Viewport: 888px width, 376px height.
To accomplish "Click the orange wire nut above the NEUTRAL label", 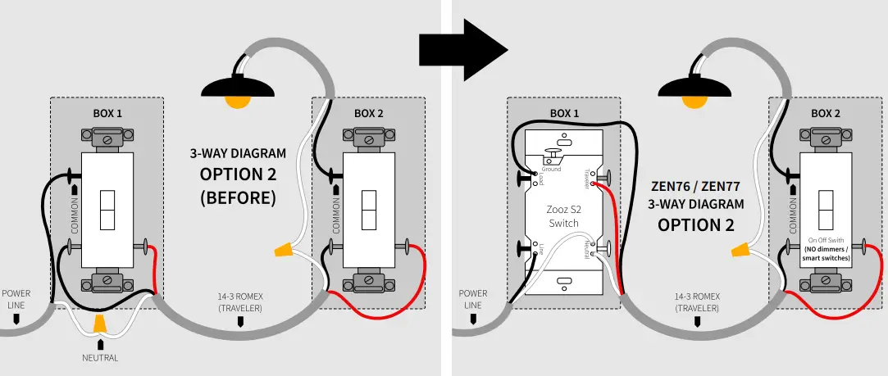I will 100,324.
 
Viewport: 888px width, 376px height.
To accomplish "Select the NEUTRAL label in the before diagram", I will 100,358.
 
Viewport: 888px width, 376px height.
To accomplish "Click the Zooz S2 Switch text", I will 563,216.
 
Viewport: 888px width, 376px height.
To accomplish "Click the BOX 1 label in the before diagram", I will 107,113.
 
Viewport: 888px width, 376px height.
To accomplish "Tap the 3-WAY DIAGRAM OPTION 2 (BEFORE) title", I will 238,175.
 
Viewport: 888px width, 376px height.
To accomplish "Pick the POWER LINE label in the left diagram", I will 16,298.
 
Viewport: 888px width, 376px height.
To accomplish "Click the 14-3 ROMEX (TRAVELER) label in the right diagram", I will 697,302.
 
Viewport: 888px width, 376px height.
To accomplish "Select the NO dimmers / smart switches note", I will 827,253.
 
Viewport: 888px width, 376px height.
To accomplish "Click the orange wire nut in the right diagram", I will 740,248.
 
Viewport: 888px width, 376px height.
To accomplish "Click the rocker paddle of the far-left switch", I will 107,211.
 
